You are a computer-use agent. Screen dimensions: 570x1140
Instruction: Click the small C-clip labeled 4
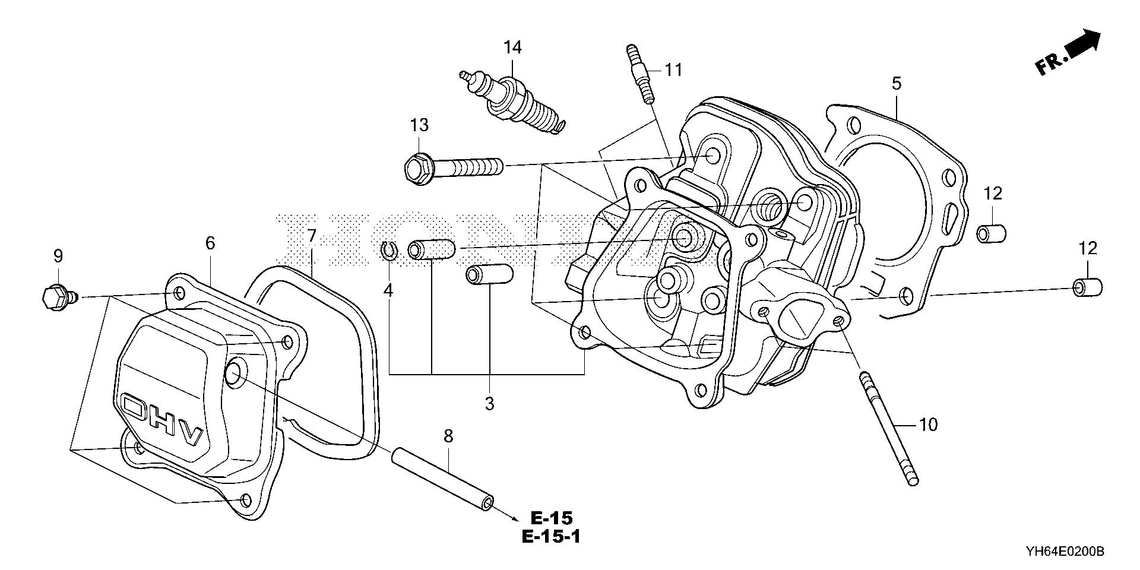(x=388, y=252)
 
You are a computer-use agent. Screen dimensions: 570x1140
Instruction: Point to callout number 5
(x=896, y=84)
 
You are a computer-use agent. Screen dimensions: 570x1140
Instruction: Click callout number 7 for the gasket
(x=312, y=236)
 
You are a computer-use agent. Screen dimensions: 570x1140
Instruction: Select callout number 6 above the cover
(x=210, y=243)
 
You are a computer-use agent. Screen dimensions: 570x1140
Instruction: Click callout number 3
(x=489, y=404)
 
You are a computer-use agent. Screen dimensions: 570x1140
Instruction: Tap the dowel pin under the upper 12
(x=991, y=233)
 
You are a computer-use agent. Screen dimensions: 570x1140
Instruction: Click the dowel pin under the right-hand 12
(x=1087, y=288)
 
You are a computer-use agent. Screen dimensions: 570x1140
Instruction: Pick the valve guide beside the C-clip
(x=431, y=249)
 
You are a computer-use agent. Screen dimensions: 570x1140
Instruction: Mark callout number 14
(x=512, y=47)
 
